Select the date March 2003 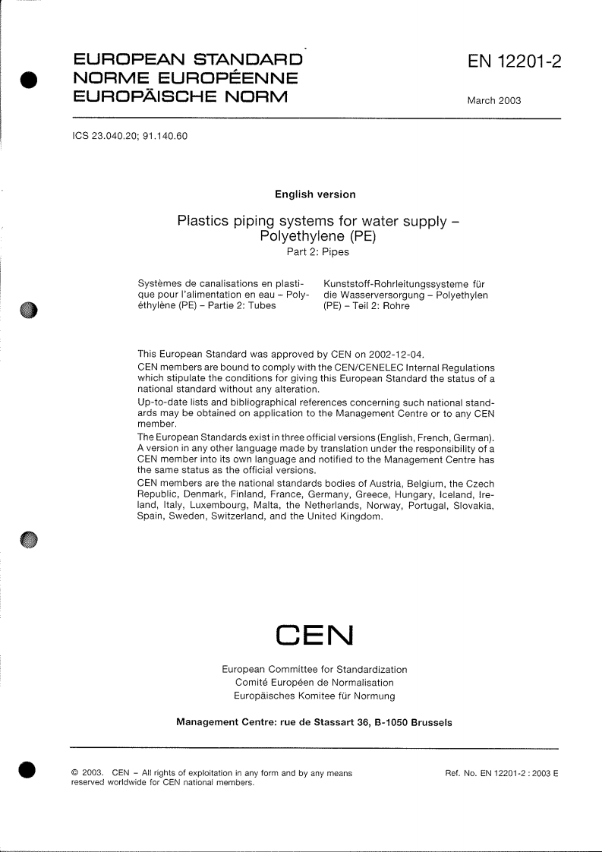493,101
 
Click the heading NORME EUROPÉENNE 184,78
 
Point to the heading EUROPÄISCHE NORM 179,96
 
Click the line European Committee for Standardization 314,670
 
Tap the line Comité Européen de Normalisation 314,683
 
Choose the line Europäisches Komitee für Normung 314,696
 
